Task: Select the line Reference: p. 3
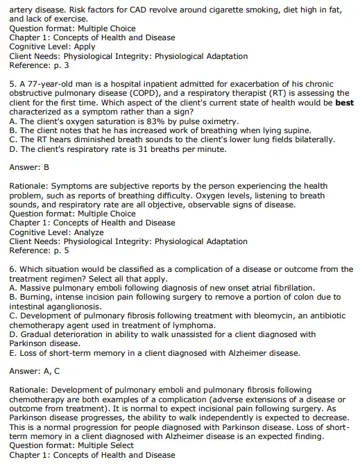tap(39, 65)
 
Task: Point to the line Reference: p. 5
tap(39, 250)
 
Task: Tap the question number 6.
tap(13, 269)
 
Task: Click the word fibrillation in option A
tap(270, 287)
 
